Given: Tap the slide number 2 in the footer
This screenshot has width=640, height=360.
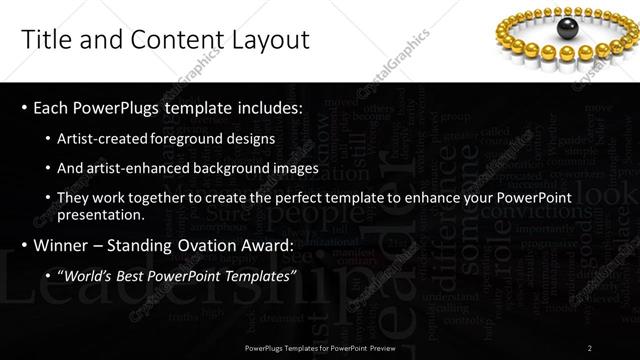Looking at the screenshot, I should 590,347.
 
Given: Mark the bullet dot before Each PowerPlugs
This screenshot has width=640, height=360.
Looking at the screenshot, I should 23,107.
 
